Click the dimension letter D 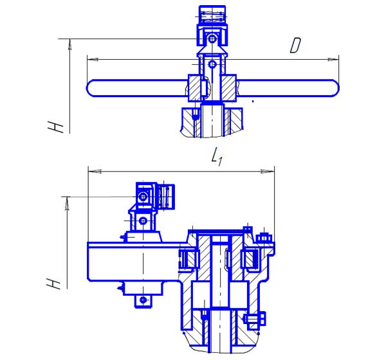click(295, 45)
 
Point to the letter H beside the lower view click(53, 283)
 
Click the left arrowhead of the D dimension click(93, 60)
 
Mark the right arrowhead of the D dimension click(333, 59)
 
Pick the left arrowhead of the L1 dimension click(95, 171)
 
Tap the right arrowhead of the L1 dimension click(268, 171)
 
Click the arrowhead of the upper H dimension click(70, 44)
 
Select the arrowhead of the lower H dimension click(67, 204)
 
